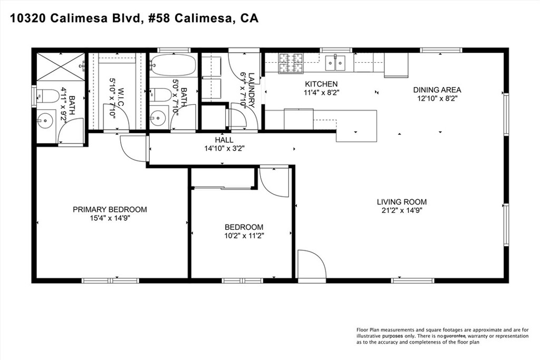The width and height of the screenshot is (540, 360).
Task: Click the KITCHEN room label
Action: (x=321, y=84)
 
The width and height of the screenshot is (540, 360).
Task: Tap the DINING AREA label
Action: (x=437, y=90)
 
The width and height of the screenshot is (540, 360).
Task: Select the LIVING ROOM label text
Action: (x=401, y=202)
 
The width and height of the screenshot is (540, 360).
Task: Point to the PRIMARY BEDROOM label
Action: (x=110, y=209)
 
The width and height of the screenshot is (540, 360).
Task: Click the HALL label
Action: (x=221, y=140)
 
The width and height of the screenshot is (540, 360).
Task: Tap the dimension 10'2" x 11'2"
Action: (x=244, y=236)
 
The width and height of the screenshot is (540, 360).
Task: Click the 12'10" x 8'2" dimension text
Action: (x=437, y=98)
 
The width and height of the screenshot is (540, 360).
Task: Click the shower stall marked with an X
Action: (x=59, y=67)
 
